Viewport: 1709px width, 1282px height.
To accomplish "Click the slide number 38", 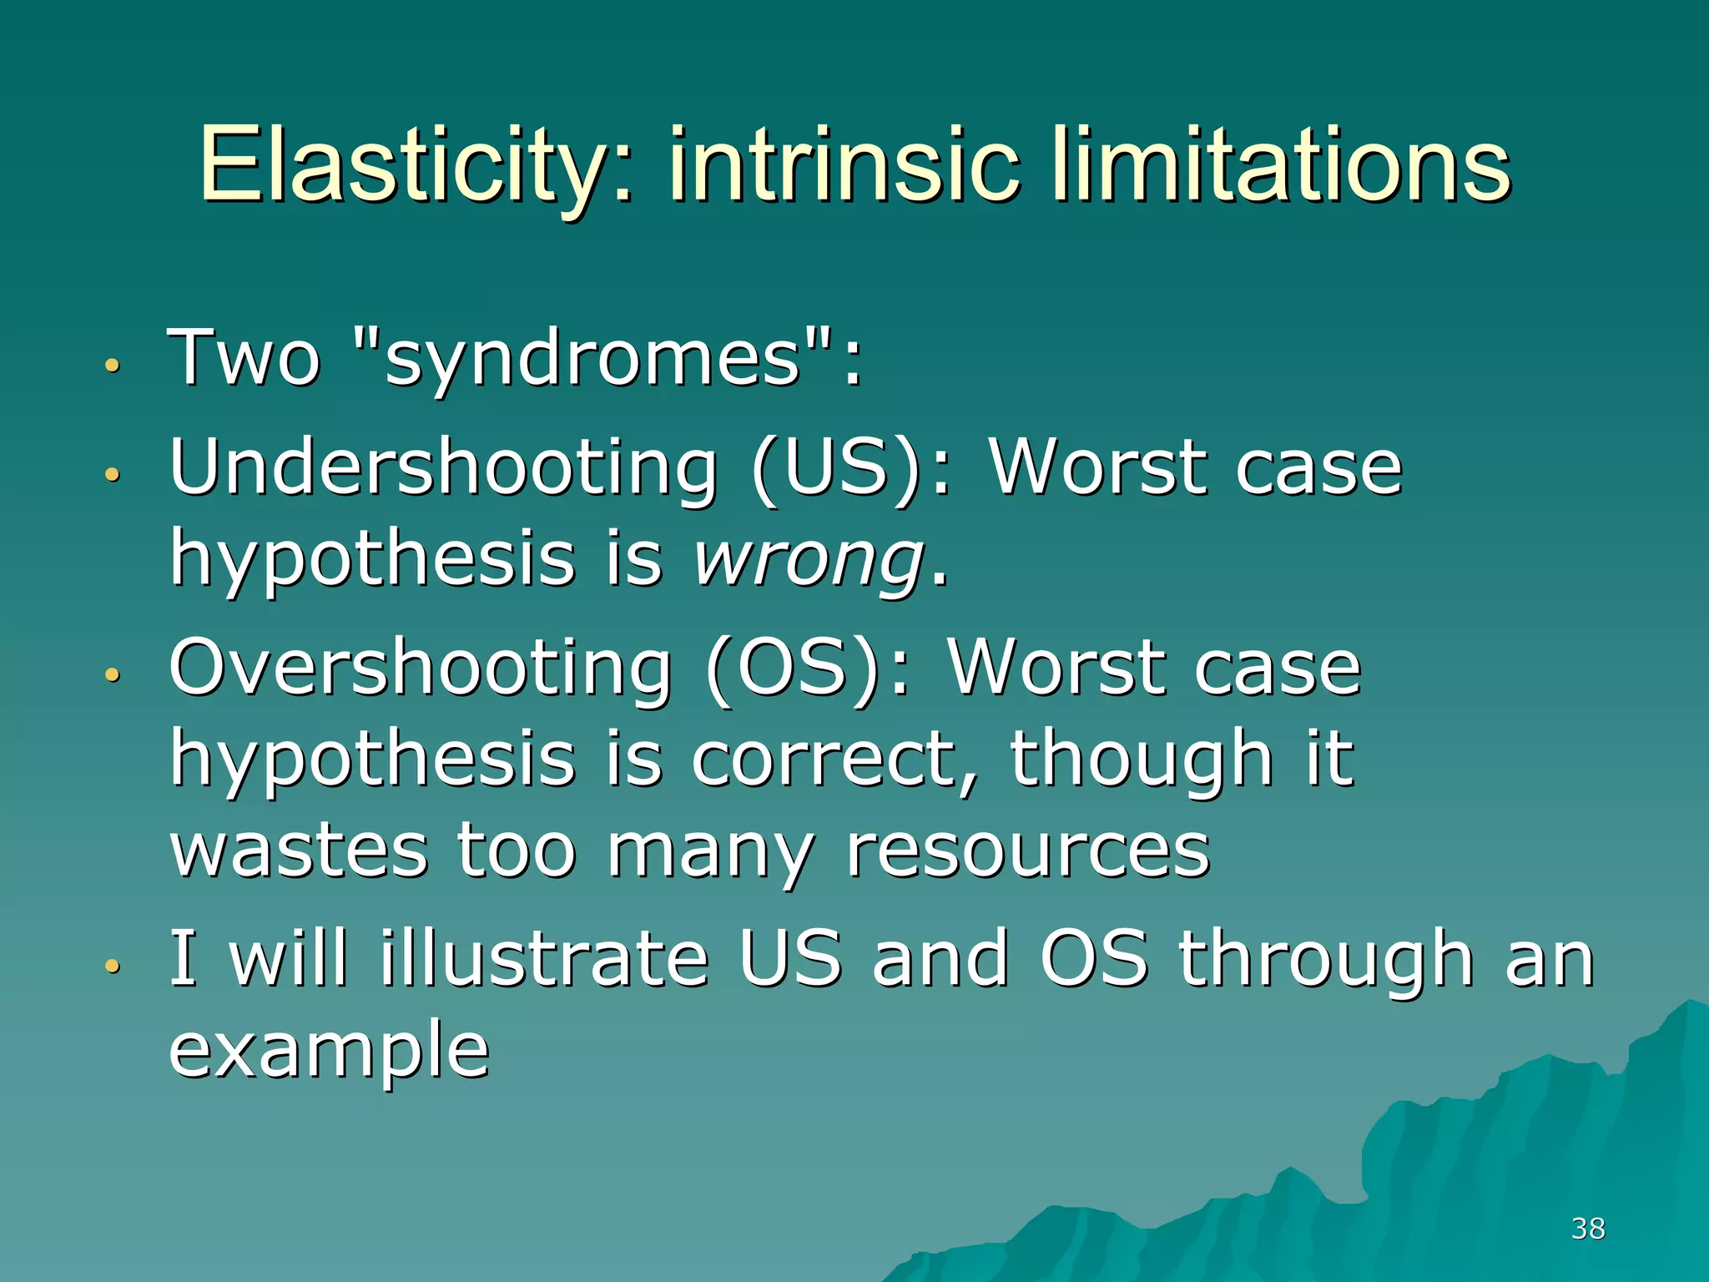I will pos(1587,1229).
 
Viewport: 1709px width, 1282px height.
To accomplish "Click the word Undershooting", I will pos(443,469).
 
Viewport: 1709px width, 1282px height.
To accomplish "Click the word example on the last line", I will pos(329,1052).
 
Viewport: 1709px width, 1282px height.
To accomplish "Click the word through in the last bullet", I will pos(1326,960).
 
